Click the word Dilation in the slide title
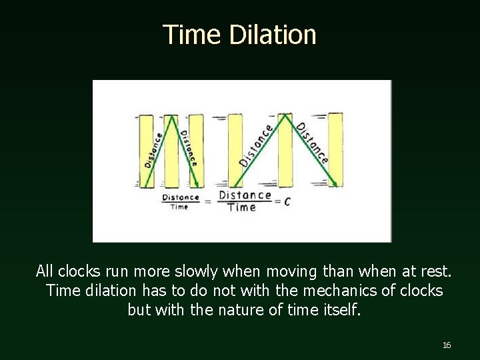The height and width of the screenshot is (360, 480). (x=272, y=35)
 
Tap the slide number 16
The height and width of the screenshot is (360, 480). (x=447, y=345)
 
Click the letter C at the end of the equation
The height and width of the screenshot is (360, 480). (x=287, y=201)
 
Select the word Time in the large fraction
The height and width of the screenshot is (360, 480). (x=241, y=207)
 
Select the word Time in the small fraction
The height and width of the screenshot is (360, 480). (x=179, y=207)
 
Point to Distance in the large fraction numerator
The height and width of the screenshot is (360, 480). (x=245, y=195)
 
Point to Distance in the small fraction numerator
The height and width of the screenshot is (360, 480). (x=181, y=197)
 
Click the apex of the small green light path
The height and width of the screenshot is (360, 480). (x=172, y=116)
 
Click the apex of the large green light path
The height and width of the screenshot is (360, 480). (x=285, y=115)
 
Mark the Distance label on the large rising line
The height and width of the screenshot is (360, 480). (x=257, y=145)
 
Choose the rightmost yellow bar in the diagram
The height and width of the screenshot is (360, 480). (x=335, y=150)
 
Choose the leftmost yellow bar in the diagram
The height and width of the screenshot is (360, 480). (x=146, y=151)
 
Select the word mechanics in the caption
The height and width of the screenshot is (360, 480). (x=333, y=291)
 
